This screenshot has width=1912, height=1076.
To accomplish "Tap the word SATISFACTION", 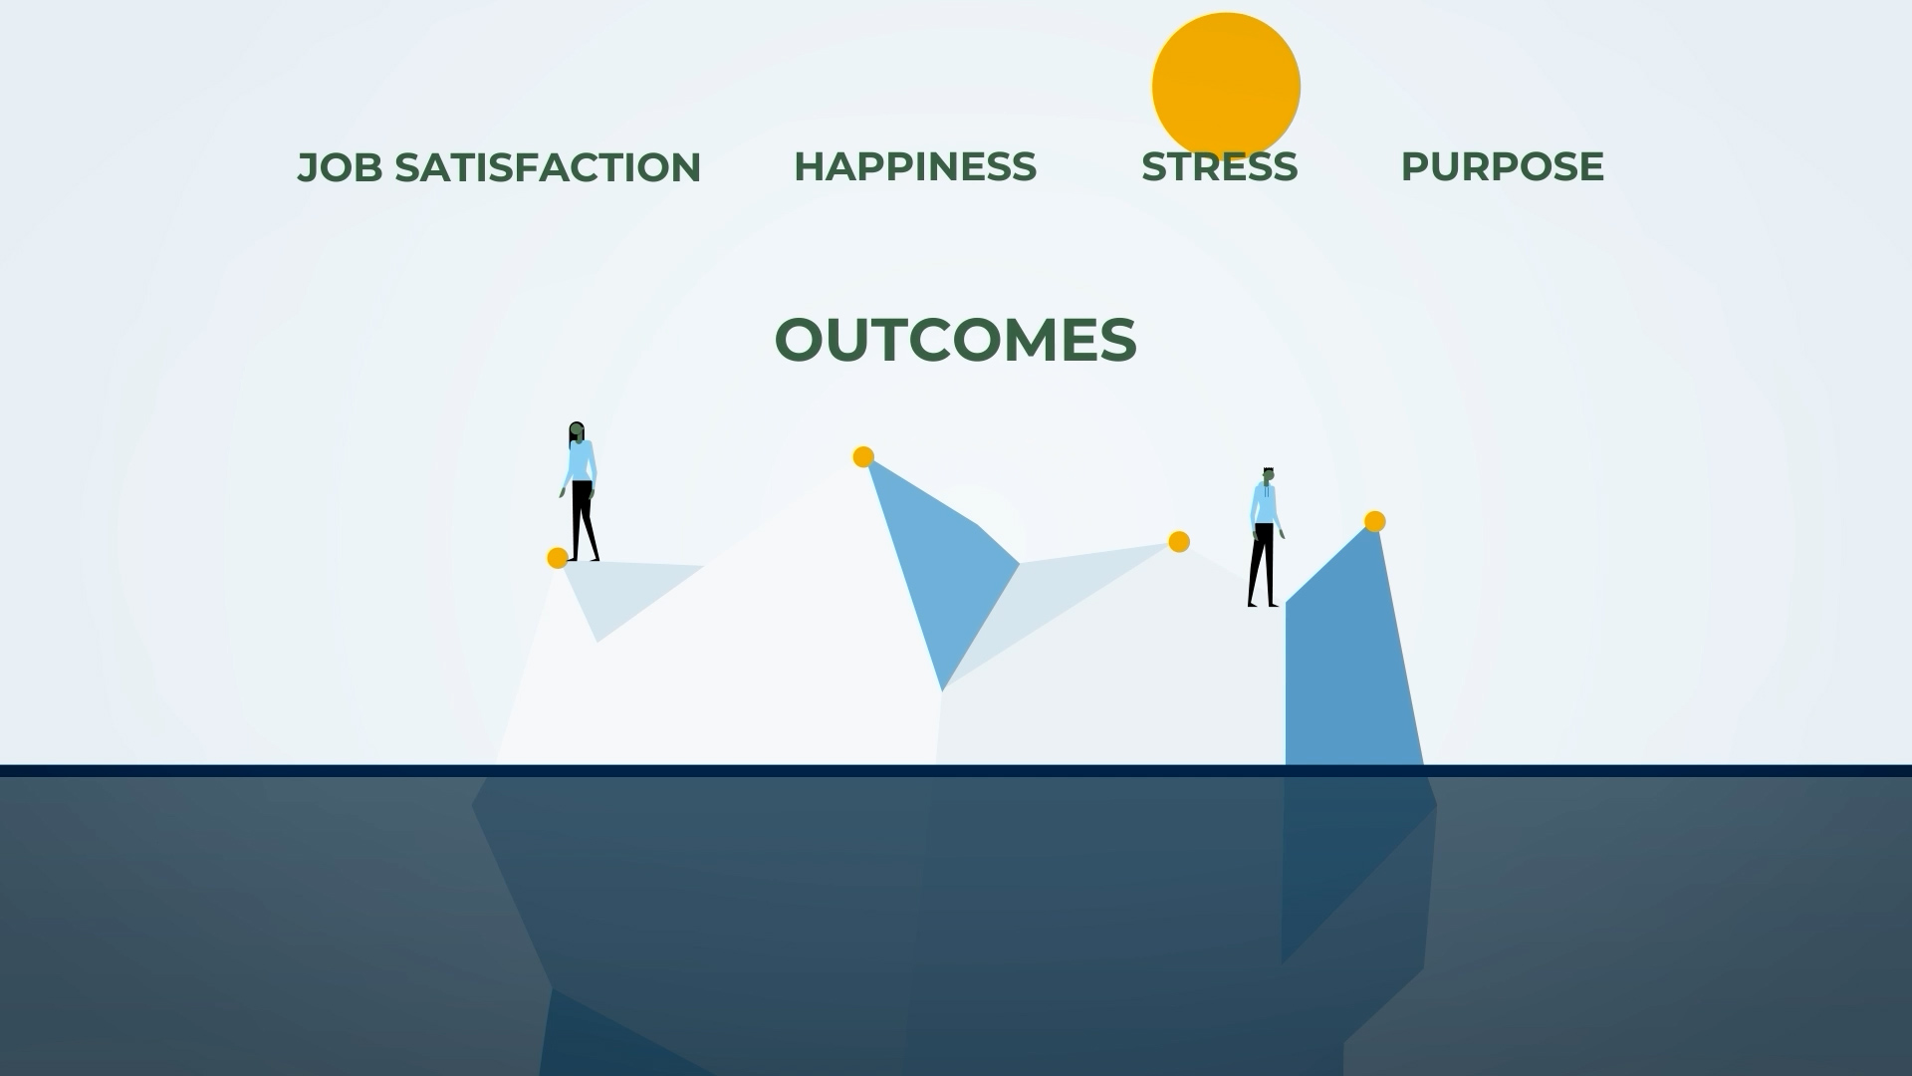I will (548, 167).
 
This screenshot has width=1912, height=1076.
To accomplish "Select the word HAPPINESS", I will (914, 166).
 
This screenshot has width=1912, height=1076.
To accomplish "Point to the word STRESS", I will (1219, 167).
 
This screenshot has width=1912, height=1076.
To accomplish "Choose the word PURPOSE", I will (1502, 166).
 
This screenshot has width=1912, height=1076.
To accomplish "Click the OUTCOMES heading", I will (955, 340).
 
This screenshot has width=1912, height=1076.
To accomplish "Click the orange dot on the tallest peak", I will (863, 457).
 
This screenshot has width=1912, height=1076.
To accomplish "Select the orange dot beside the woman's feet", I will (558, 558).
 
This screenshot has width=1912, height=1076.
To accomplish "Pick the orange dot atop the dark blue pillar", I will (1374, 521).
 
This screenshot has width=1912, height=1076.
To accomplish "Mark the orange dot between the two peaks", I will (1178, 541).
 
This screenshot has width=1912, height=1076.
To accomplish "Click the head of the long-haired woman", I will (577, 432).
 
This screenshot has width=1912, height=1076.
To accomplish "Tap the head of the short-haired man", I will (1268, 477).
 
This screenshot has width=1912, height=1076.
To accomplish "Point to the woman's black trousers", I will (583, 518).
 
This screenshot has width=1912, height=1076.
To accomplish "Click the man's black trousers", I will (1262, 563).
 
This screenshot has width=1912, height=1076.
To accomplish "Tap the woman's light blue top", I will (579, 463).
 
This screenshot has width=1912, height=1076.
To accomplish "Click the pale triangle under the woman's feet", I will (617, 593).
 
